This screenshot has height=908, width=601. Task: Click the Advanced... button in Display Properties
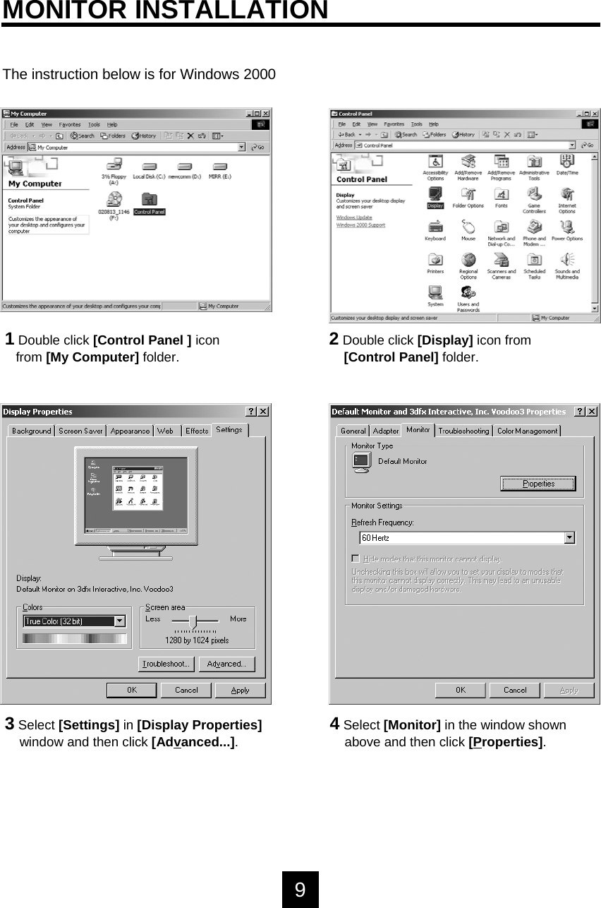point(226,664)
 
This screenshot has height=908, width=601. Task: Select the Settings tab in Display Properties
point(229,429)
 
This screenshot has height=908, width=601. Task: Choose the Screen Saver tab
point(80,431)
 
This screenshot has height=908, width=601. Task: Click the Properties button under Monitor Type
point(538,484)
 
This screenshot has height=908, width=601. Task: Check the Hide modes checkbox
point(356,558)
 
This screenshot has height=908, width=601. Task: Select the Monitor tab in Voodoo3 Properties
point(418,429)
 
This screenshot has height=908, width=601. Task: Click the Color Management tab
point(526,431)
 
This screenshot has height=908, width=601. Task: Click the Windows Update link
point(354,217)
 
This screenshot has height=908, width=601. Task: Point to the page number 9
point(300,889)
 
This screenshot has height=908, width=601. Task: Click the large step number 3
point(10,723)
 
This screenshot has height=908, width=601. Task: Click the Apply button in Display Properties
point(240,690)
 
